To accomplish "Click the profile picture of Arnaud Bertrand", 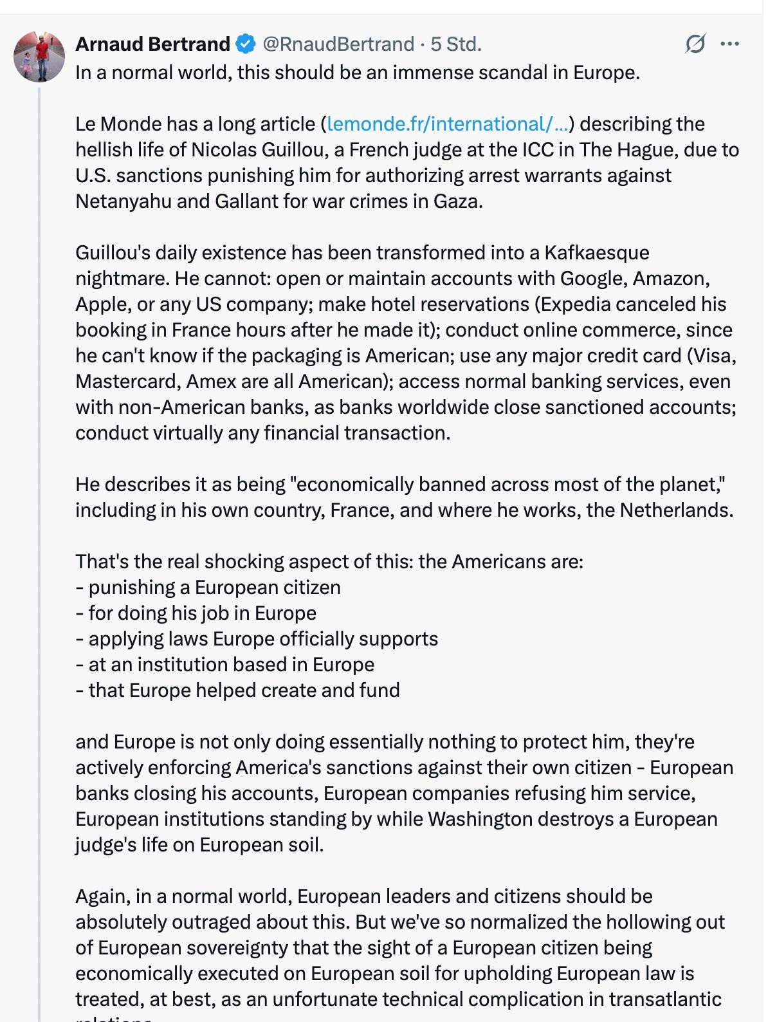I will click(39, 57).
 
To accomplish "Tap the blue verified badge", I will click(245, 44).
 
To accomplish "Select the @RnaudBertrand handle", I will click(338, 44).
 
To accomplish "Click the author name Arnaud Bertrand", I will click(152, 44).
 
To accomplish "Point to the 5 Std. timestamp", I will click(455, 44).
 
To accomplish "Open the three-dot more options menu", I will click(729, 44).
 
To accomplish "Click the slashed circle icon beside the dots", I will click(695, 44).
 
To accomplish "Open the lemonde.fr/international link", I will click(448, 124).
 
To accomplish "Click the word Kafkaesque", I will click(597, 252).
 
